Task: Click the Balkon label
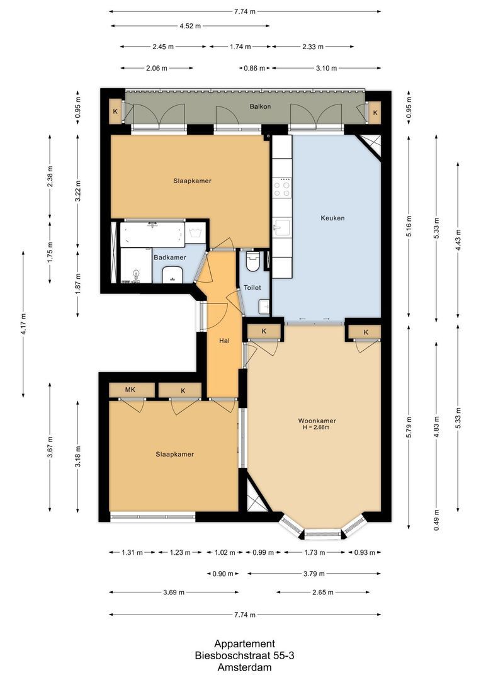259,106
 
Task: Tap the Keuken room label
332,218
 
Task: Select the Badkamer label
169,258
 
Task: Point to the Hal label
224,341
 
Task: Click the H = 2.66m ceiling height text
317,428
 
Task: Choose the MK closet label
130,390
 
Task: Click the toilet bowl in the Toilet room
253,262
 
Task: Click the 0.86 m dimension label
254,68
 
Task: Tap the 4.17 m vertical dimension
24,324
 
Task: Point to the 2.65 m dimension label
321,592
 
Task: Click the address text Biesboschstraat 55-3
244,655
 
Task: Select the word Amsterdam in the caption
244,667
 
